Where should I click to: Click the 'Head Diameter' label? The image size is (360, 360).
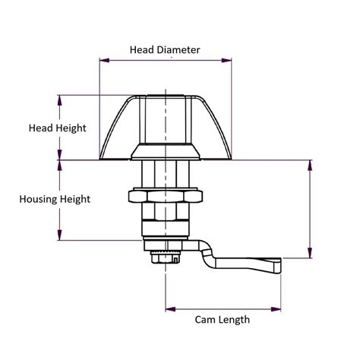point(165,50)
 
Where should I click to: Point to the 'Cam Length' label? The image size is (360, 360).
point(223,320)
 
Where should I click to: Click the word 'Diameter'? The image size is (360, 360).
point(178,50)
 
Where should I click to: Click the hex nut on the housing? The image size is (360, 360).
point(165,199)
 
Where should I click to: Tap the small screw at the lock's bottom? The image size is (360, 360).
point(162,259)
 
